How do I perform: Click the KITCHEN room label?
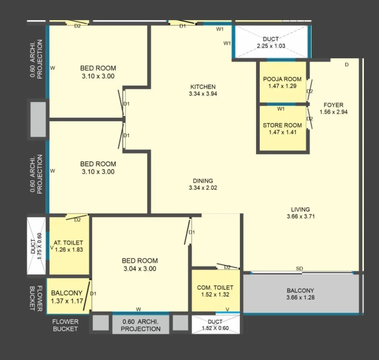tap(203, 87)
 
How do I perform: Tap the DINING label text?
tap(203, 181)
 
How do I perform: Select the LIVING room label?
tap(300, 210)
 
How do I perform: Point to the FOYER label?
tap(333, 105)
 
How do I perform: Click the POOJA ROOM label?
tap(282, 79)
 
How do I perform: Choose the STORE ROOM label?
tap(282, 125)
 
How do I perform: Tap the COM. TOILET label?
tap(215, 287)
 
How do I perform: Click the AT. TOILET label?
tap(68, 243)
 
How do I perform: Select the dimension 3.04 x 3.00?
tap(140, 269)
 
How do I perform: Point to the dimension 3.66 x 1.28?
tap(300, 298)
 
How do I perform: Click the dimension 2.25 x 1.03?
tap(271, 46)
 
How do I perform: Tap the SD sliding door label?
tap(299, 269)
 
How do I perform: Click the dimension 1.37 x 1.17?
tap(67, 301)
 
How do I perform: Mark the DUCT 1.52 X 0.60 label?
tap(215, 325)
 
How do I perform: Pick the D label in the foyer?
tap(347, 65)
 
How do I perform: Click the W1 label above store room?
tap(281, 109)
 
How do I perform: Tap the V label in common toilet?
tap(227, 309)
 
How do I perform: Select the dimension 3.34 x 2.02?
tap(203, 188)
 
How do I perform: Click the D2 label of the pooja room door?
tap(310, 91)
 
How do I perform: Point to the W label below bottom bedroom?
tap(138, 309)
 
